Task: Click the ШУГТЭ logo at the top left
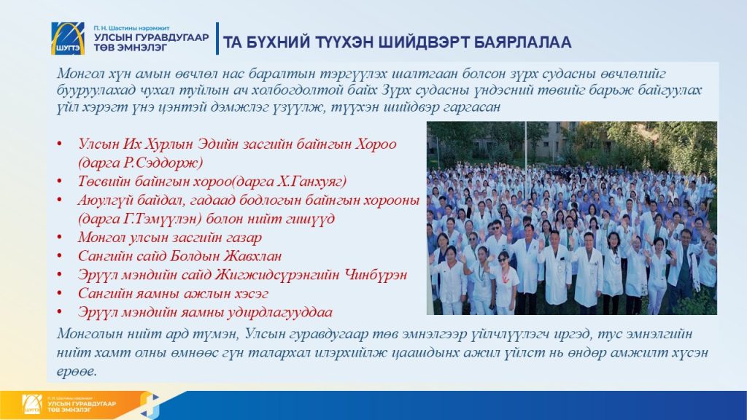point(68,38)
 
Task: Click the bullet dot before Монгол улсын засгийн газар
point(60,237)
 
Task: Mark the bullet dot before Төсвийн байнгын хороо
point(60,182)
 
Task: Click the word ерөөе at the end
point(76,371)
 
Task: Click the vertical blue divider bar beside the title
point(217,38)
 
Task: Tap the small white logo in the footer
point(32,404)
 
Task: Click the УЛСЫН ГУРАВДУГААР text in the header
point(151,38)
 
